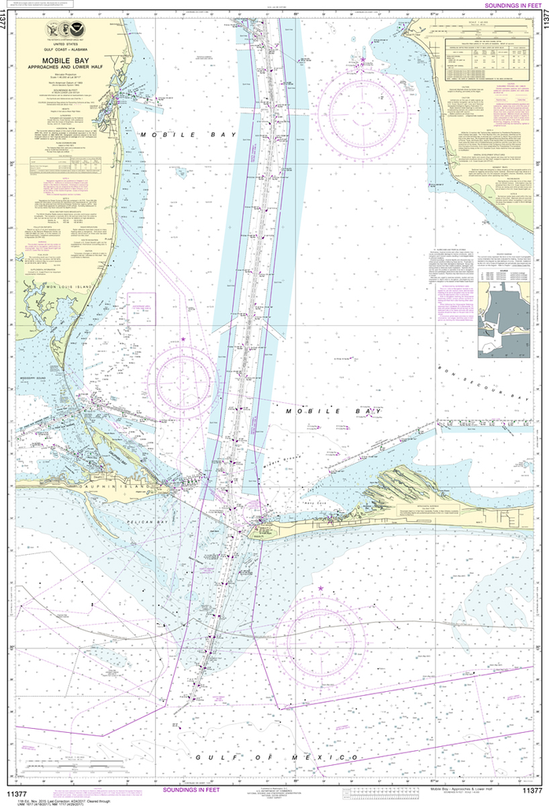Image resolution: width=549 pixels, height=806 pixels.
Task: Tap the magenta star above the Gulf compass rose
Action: point(320,587)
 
